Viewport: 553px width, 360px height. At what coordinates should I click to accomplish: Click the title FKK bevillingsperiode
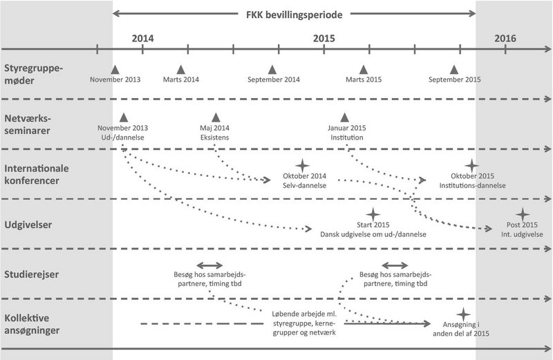tap(294, 15)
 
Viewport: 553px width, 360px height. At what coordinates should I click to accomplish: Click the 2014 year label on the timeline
tap(143, 39)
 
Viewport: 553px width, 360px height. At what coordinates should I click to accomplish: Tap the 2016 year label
tap(505, 39)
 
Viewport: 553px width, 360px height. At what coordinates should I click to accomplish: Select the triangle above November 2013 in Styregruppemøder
tap(115, 70)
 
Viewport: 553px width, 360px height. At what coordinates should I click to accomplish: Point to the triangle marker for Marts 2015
tap(364, 70)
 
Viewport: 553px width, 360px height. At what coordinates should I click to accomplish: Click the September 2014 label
tap(274, 79)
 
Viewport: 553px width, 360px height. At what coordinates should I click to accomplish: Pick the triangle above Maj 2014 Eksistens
tap(216, 117)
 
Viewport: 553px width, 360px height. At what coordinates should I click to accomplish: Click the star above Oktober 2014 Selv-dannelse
tap(302, 165)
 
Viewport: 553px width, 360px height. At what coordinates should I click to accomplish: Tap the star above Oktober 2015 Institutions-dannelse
tap(471, 165)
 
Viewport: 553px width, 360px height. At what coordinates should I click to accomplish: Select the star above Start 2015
tap(373, 214)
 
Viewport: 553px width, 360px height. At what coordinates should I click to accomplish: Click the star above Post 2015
tap(523, 214)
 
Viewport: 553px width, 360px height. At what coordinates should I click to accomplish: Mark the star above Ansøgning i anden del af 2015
tap(463, 314)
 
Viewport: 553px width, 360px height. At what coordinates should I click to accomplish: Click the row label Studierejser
tap(31, 275)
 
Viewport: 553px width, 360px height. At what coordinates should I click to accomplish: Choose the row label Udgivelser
tap(28, 225)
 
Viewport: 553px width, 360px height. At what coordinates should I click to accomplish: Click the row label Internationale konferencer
tap(37, 175)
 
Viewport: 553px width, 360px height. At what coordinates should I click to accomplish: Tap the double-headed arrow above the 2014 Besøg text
tap(209, 265)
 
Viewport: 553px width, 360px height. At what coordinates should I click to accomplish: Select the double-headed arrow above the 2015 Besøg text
tap(395, 265)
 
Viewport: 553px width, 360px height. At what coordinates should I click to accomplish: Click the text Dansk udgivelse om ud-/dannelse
tap(373, 234)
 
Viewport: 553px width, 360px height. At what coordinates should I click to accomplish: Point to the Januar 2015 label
tap(347, 128)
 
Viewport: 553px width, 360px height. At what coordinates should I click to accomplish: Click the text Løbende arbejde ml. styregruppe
tap(304, 319)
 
